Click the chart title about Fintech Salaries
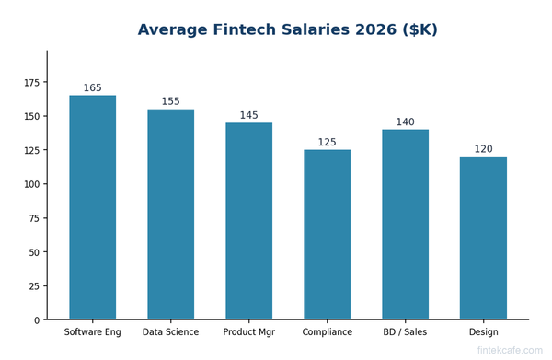pyautogui.click(x=287, y=30)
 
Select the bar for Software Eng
pyautogui.click(x=93, y=207)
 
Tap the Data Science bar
pyautogui.click(x=171, y=215)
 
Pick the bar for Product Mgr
pyautogui.click(x=249, y=221)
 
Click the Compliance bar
pyautogui.click(x=328, y=235)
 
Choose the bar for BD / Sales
pyautogui.click(x=406, y=225)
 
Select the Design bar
pyautogui.click(x=483, y=238)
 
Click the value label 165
pyautogui.click(x=93, y=88)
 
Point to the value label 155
pyautogui.click(x=171, y=102)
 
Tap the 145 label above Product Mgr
pyautogui.click(x=249, y=116)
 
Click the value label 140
pyautogui.click(x=406, y=122)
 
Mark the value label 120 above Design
pyautogui.click(x=483, y=149)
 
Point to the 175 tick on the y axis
pyautogui.click(x=31, y=83)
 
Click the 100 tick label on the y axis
pyautogui.click(x=31, y=184)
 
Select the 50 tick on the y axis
pyautogui.click(x=34, y=252)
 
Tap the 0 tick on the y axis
pyautogui.click(x=38, y=320)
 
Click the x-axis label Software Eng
pyautogui.click(x=93, y=332)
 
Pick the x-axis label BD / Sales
pyautogui.click(x=406, y=332)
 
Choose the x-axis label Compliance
pyautogui.click(x=328, y=332)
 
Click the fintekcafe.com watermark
pyautogui.click(x=510, y=351)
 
